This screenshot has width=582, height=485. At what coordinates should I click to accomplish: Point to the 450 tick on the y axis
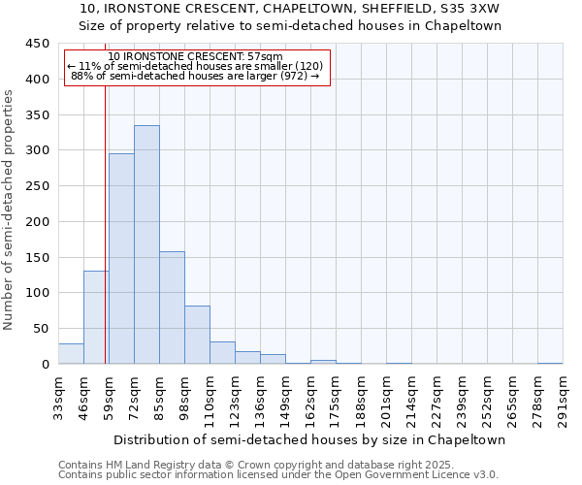[x=38, y=44]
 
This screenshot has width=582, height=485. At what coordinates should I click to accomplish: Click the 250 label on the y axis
[x=38, y=186]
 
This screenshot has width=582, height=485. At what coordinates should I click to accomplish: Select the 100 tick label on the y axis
[x=38, y=293]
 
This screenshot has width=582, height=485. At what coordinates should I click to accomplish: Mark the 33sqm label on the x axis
[x=58, y=397]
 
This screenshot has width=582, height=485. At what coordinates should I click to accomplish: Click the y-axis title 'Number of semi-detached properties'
[x=10, y=209]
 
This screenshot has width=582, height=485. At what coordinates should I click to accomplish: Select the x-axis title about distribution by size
[x=309, y=439]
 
